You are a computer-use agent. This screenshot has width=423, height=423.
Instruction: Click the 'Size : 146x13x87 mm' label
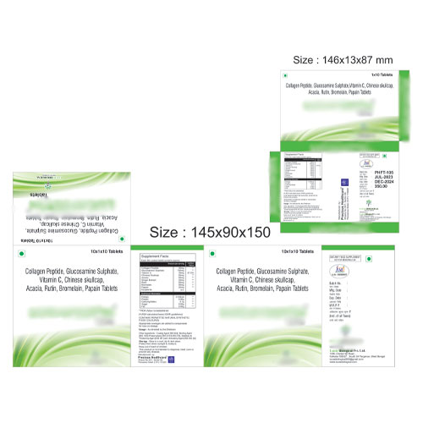(343, 59)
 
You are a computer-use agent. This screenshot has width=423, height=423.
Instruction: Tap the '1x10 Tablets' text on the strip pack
(383, 76)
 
